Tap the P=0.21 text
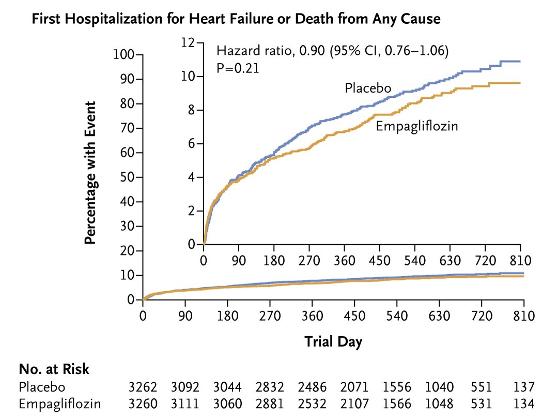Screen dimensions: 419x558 point(237,68)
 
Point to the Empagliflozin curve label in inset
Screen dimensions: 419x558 point(416,126)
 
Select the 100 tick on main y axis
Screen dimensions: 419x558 point(123,55)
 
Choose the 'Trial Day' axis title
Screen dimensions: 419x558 point(333,341)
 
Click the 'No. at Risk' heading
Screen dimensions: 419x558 point(54,369)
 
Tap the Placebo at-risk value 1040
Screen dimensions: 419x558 point(439,387)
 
